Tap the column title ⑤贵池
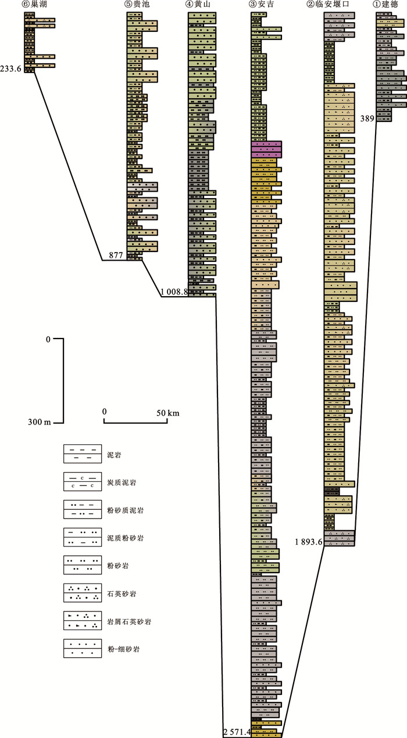[138, 4]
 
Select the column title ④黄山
[198, 4]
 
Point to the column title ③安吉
[262, 4]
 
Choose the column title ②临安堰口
[328, 4]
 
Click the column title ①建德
[385, 4]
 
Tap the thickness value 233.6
[11, 69]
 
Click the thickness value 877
[116, 255]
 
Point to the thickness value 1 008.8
[174, 291]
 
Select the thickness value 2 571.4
[237, 732]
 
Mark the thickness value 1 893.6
[309, 542]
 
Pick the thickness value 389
[367, 118]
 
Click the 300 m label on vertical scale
[40, 422]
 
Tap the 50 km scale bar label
[168, 413]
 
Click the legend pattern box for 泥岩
[83, 453]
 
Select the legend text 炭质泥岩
[122, 483]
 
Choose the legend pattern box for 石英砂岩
[83, 593]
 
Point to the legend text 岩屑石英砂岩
[129, 622]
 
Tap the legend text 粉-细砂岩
[123, 649]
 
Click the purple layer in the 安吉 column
[266, 149]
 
